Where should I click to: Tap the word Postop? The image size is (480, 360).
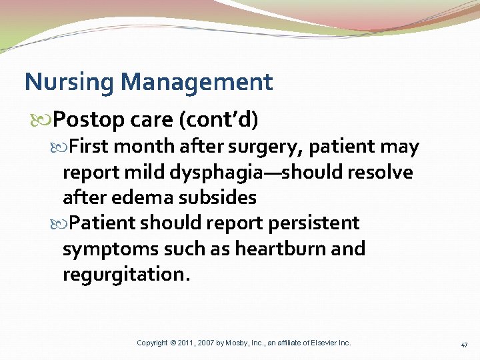(88, 120)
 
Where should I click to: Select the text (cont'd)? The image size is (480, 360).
(218, 119)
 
